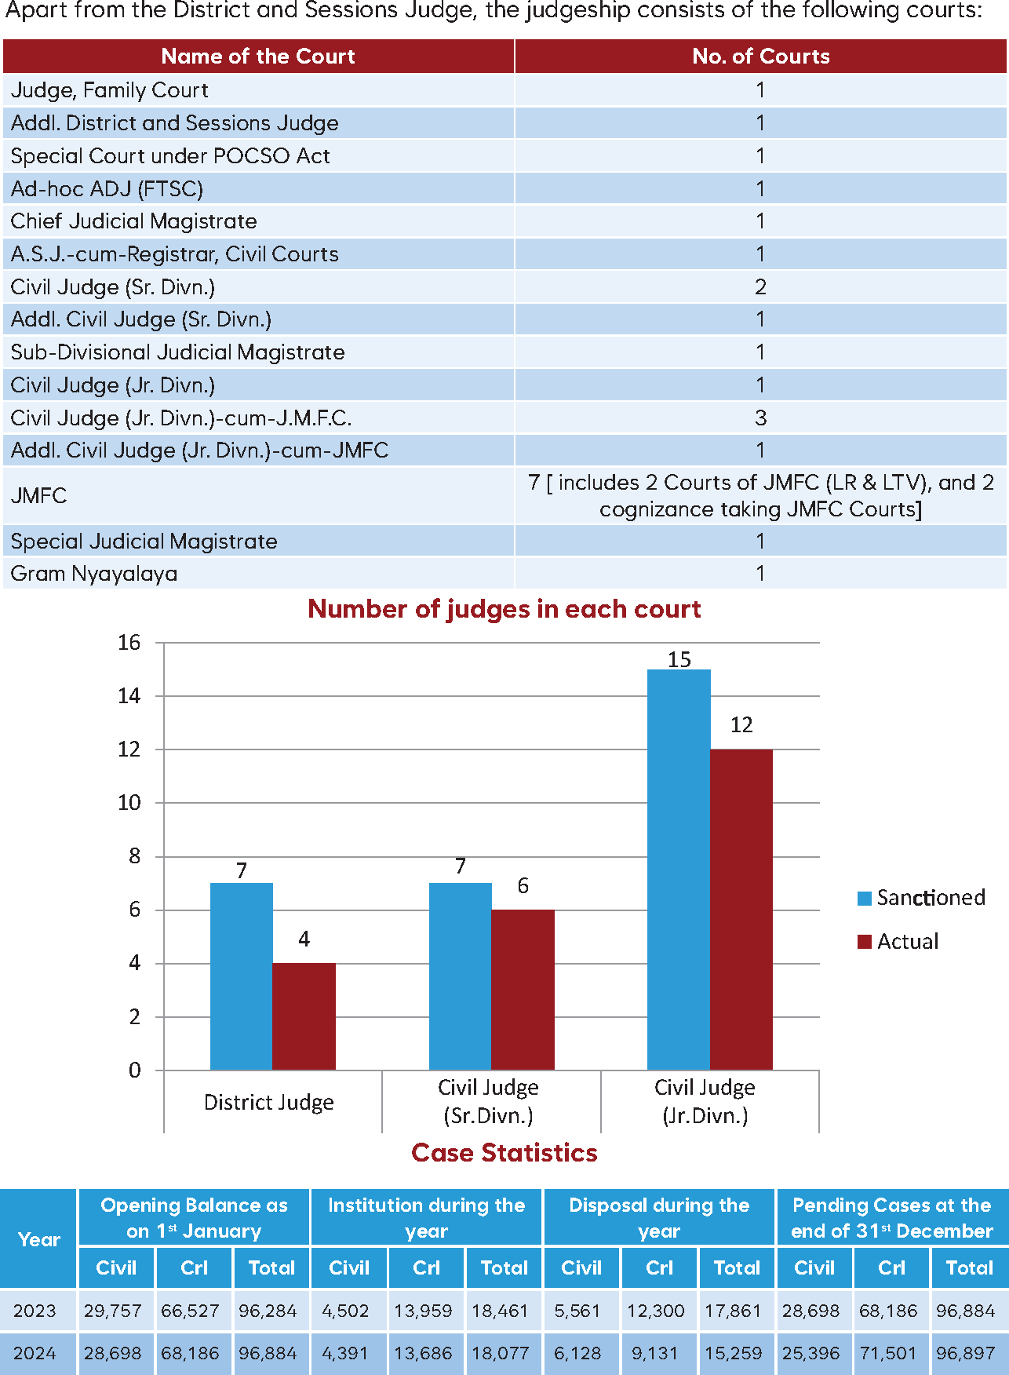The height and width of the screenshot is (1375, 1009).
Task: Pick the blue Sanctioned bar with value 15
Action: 679,869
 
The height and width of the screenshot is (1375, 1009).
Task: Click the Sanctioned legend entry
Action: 922,898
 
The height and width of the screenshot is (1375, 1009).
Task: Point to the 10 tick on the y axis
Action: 129,803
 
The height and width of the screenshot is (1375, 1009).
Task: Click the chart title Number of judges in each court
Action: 504,609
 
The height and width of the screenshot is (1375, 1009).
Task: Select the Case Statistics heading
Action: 504,1152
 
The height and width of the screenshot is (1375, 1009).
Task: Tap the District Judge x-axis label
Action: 268,1103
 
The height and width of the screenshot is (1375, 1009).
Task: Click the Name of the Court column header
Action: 257,57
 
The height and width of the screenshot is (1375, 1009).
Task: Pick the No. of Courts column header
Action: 760,57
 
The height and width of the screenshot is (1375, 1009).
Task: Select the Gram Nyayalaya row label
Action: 94,574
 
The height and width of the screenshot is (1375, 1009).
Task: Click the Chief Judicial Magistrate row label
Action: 133,221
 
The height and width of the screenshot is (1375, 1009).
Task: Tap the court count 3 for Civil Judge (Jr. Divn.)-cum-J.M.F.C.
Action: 760,418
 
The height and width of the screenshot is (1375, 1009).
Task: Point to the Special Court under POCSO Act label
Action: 170,156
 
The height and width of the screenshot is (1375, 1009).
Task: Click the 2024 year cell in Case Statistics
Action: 35,1353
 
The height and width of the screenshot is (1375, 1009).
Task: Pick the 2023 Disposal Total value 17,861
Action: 733,1311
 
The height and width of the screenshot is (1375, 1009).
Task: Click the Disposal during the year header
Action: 659,1217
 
